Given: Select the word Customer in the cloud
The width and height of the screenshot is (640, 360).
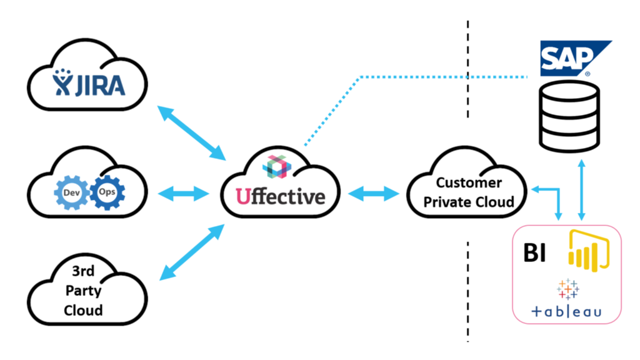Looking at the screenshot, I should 469,183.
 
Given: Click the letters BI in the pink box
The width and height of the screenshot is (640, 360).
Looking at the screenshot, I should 534,253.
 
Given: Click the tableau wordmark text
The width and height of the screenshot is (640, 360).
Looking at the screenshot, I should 566,311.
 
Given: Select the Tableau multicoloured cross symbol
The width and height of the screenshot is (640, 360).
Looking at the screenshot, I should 566,289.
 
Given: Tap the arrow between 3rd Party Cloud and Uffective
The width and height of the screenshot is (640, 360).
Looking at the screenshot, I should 191,255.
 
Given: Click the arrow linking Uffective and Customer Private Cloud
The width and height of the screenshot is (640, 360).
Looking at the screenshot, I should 373,194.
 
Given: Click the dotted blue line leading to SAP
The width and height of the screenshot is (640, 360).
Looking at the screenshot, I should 437,77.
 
